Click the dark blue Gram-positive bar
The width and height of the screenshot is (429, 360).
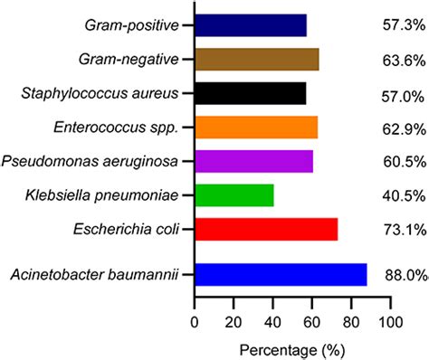click(251, 25)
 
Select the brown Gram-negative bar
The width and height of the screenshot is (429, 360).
click(256, 60)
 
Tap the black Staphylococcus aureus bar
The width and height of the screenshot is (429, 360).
click(251, 93)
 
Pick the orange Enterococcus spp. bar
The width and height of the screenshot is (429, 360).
click(256, 127)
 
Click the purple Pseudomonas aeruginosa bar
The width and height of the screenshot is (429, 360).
click(253, 161)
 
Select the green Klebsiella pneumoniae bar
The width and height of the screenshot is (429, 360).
click(234, 194)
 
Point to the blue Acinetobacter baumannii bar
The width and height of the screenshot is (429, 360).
click(281, 274)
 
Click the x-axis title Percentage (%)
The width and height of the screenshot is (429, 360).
click(291, 347)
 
